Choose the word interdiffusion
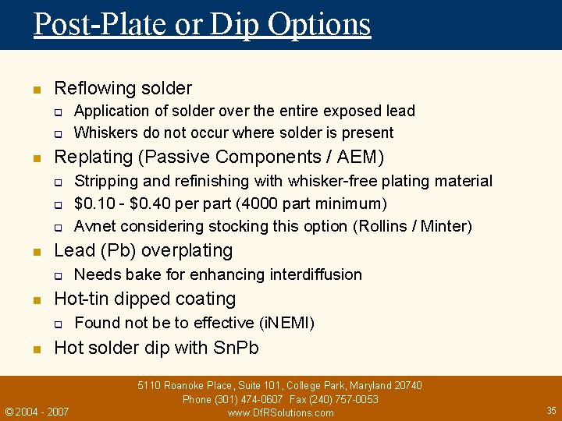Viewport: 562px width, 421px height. tap(316, 274)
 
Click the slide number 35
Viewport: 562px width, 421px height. tap(551, 410)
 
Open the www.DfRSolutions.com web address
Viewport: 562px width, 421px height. tap(280, 412)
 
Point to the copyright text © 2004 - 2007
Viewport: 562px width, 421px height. tap(37, 411)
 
